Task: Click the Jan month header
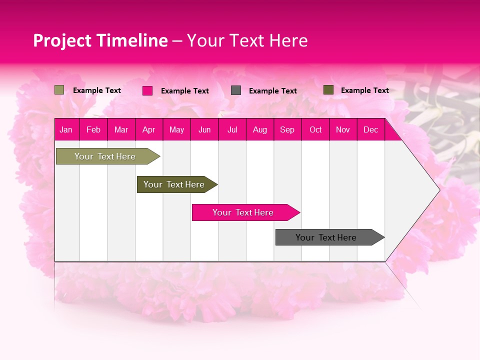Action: click(66, 129)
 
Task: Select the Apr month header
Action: click(149, 129)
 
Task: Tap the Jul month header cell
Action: click(232, 129)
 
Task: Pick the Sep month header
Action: click(287, 129)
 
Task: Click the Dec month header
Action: click(370, 129)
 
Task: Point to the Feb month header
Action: click(93, 129)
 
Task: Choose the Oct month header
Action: click(315, 129)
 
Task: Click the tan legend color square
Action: click(59, 90)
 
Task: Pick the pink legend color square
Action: click(147, 90)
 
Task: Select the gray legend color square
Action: click(236, 90)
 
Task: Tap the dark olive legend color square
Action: click(328, 90)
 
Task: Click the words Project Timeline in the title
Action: click(100, 40)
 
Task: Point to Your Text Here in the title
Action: click(247, 40)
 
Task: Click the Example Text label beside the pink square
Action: click(185, 91)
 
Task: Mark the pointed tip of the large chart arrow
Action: click(438, 189)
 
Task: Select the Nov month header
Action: click(343, 129)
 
